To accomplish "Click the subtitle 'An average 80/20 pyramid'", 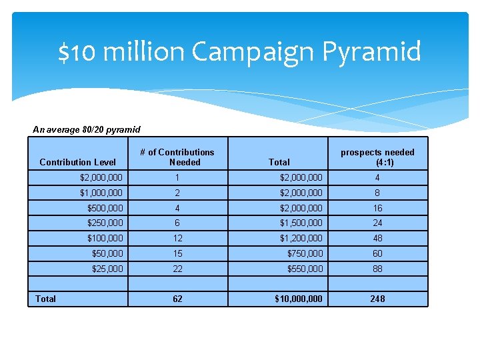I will (x=87, y=129).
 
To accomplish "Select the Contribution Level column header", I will (x=77, y=162).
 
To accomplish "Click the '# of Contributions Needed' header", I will (x=177, y=157).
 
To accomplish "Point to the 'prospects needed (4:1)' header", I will (x=377, y=157).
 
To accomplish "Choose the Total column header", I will (x=279, y=162).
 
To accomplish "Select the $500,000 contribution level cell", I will (x=105, y=208).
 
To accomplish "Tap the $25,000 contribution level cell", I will (x=107, y=268).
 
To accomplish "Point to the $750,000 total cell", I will (x=305, y=253).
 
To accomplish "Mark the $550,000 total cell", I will (x=305, y=268).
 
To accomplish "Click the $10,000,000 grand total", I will (x=299, y=299).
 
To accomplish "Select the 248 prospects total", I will (x=377, y=299).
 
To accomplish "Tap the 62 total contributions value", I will (x=177, y=299).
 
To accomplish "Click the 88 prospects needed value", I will (x=377, y=268).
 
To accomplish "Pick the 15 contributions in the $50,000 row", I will (x=177, y=253).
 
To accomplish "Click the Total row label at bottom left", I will (x=45, y=299).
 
